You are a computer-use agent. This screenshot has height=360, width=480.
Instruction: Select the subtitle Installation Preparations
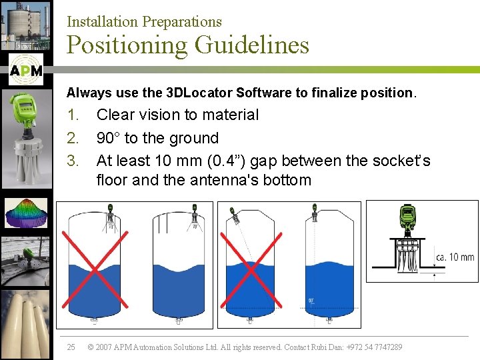(x=144, y=21)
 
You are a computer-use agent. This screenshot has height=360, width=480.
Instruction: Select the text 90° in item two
(x=109, y=138)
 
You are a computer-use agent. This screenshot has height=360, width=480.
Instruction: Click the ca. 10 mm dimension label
(x=455, y=257)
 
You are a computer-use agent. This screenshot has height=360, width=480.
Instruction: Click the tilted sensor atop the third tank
(x=234, y=215)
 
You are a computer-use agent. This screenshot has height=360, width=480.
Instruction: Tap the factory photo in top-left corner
(x=25, y=25)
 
